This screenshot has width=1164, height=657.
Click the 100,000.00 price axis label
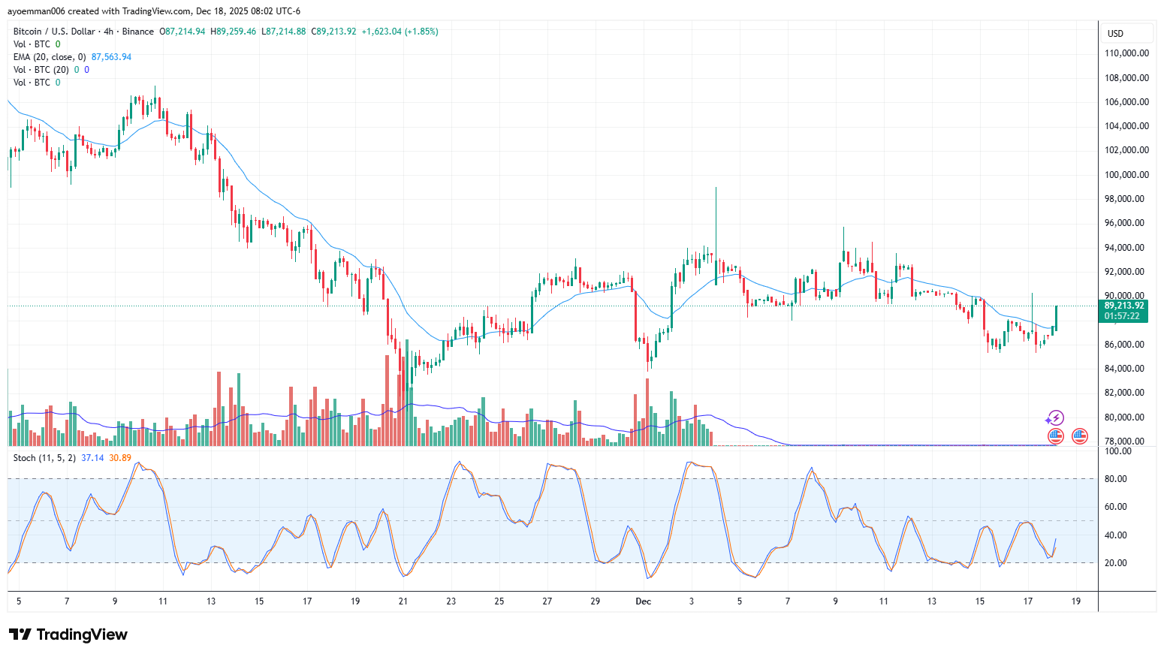pyautogui.click(x=1126, y=174)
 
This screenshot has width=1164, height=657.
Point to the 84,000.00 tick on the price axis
pyautogui.click(x=1126, y=368)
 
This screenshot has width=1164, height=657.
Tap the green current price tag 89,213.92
pyautogui.click(x=1124, y=306)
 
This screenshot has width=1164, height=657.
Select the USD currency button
pyautogui.click(x=1116, y=33)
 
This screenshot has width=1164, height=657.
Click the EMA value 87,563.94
pyautogui.click(x=111, y=57)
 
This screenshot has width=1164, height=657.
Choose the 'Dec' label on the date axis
pyautogui.click(x=643, y=601)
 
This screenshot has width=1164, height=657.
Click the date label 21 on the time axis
pyautogui.click(x=403, y=601)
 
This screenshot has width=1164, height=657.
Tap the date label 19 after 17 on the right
pyautogui.click(x=1076, y=601)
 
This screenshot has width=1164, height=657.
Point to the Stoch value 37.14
pyautogui.click(x=92, y=458)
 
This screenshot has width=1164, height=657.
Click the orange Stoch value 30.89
pyautogui.click(x=120, y=458)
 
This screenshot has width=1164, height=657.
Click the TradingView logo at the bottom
pyautogui.click(x=68, y=634)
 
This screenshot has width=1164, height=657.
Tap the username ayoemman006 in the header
pyautogui.click(x=37, y=11)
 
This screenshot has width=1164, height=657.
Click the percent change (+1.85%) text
pyautogui.click(x=421, y=32)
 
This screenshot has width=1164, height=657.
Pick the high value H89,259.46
pyautogui.click(x=233, y=32)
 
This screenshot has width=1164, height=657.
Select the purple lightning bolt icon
pyautogui.click(x=1056, y=417)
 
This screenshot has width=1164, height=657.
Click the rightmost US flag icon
pyautogui.click(x=1080, y=435)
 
